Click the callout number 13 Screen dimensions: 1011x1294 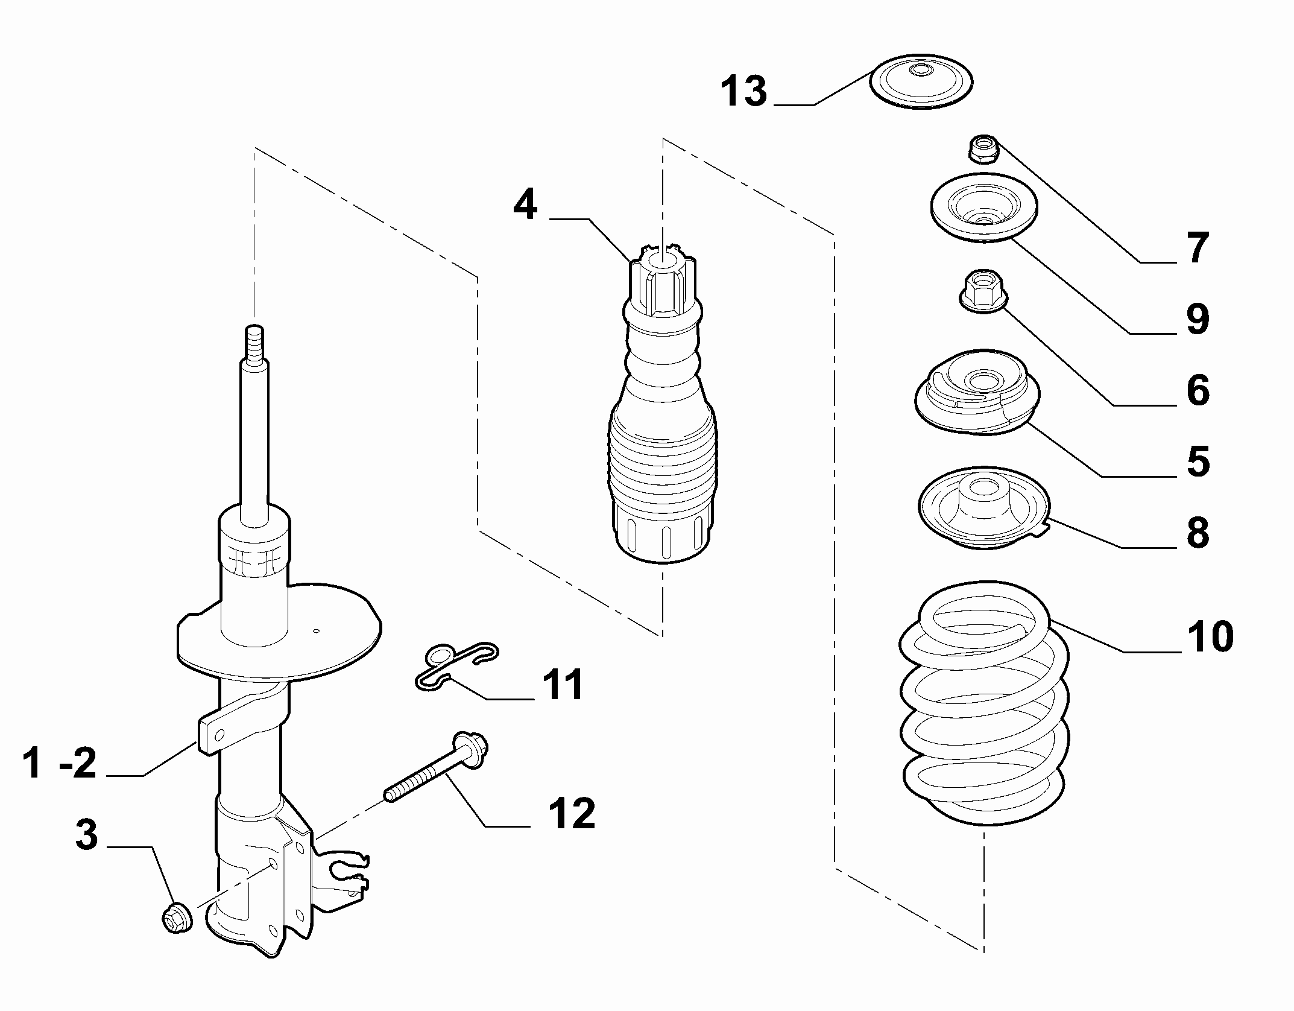(744, 92)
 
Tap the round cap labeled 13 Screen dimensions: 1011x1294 (921, 82)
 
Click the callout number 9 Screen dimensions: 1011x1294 (1197, 319)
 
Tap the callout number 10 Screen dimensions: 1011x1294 (1210, 636)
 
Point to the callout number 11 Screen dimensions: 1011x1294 (562, 685)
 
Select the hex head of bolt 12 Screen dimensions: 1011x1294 (470, 749)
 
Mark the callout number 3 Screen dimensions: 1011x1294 (86, 835)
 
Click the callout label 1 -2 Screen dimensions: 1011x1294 (59, 762)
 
